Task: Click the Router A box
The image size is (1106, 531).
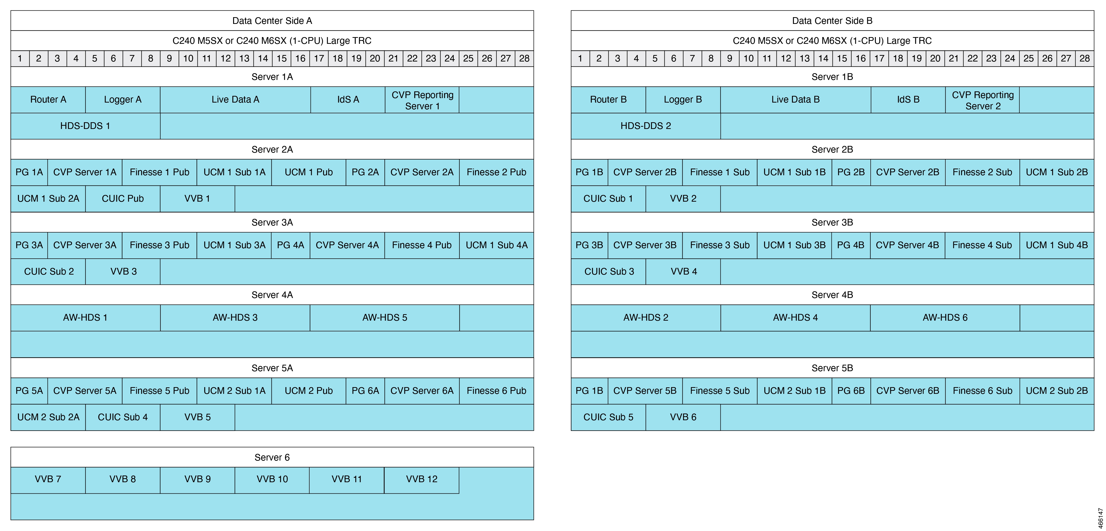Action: (x=48, y=100)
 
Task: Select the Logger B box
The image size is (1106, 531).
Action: (x=683, y=100)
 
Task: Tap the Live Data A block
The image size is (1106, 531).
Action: (x=235, y=100)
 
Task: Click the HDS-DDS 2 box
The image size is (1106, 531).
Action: (x=646, y=126)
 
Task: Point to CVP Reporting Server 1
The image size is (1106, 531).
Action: (x=422, y=100)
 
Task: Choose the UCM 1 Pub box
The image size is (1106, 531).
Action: (x=309, y=172)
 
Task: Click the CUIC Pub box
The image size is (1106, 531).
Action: (x=123, y=199)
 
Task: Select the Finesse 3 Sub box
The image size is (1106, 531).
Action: (x=720, y=245)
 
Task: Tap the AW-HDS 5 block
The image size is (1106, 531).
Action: (x=385, y=318)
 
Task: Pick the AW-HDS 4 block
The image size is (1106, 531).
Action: (x=796, y=318)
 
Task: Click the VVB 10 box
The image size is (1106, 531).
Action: (x=272, y=479)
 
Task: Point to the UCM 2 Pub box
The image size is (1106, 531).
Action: (x=309, y=391)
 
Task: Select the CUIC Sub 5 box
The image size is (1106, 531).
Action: (x=608, y=417)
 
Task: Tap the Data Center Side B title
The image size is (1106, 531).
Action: (x=832, y=21)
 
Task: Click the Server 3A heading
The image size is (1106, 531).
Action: (x=272, y=222)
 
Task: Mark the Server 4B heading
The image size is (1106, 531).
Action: (x=832, y=295)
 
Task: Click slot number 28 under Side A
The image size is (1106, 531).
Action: (x=524, y=59)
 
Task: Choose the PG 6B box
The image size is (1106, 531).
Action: (x=851, y=391)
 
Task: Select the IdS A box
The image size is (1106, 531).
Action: (x=348, y=100)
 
